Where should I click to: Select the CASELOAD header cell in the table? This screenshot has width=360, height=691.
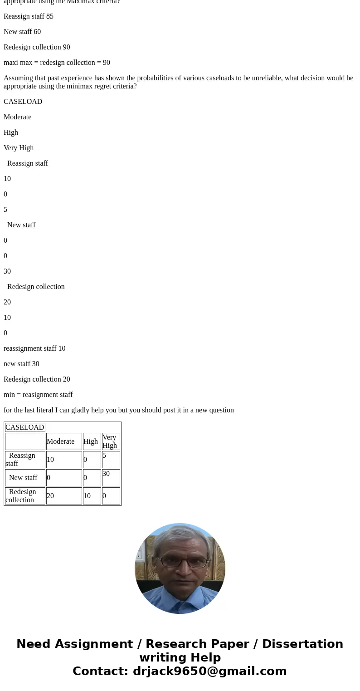25,427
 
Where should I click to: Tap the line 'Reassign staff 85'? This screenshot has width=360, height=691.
29,16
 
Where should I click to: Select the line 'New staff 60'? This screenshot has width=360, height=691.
22,32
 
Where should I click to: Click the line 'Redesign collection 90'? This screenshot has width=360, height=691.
37,47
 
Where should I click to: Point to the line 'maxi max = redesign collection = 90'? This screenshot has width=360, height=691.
57,63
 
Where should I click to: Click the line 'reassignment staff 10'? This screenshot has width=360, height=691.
34,348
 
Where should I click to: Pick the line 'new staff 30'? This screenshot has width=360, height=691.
21,364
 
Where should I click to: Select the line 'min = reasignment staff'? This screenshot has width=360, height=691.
38,395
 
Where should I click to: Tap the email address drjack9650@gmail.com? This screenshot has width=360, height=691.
209,671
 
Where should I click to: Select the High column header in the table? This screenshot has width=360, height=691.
91,441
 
